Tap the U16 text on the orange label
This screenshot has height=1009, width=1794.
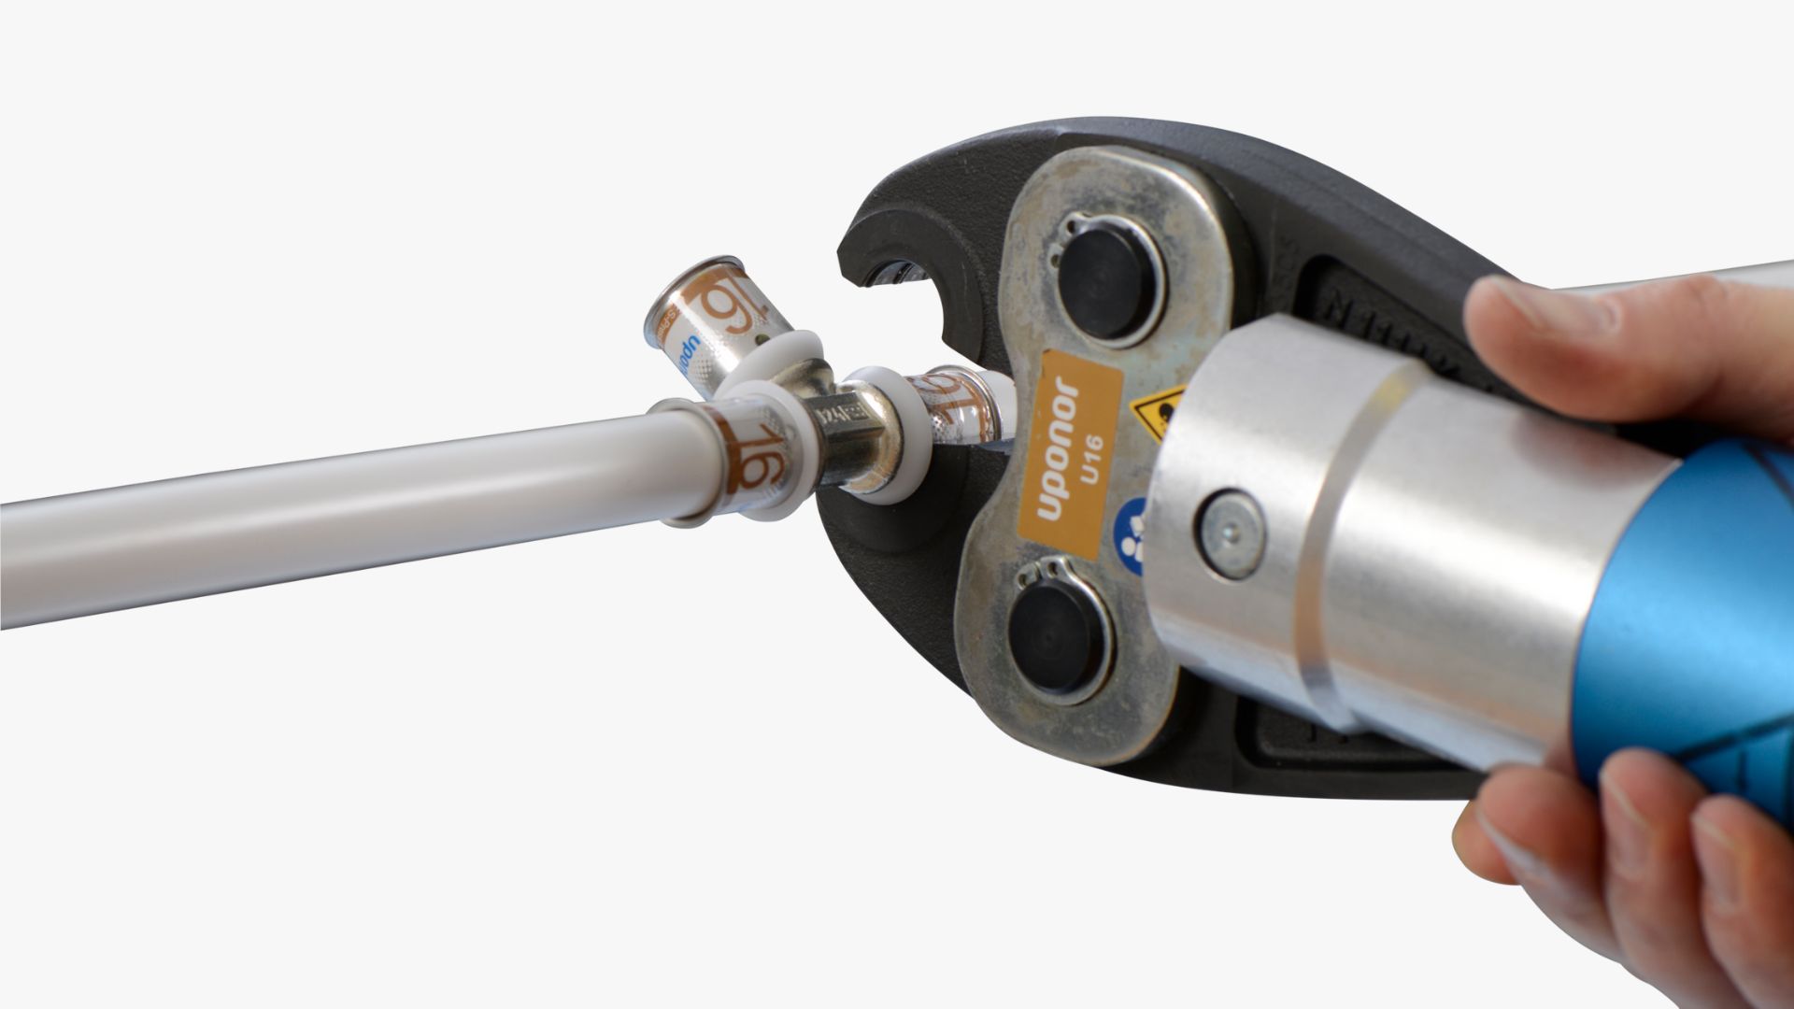(x=1090, y=459)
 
